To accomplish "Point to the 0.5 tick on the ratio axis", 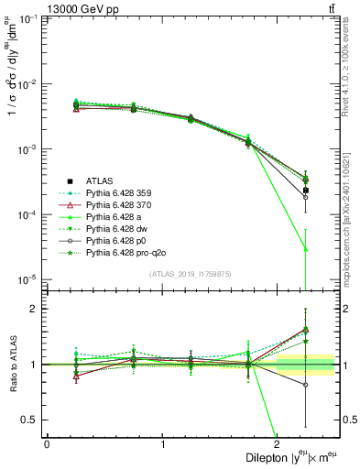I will pos(34,420).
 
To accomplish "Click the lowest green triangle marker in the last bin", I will pos(305,248).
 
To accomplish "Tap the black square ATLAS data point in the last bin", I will pos(305,191).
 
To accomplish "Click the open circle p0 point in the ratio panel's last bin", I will pos(305,385).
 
